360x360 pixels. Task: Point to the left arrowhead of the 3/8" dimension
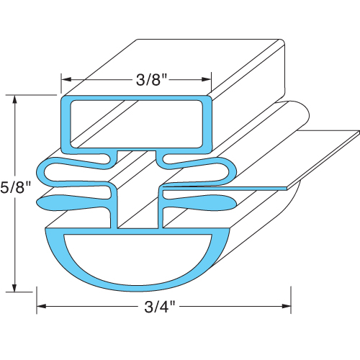coord(66,79)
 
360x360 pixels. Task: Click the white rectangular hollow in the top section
coord(137,121)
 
